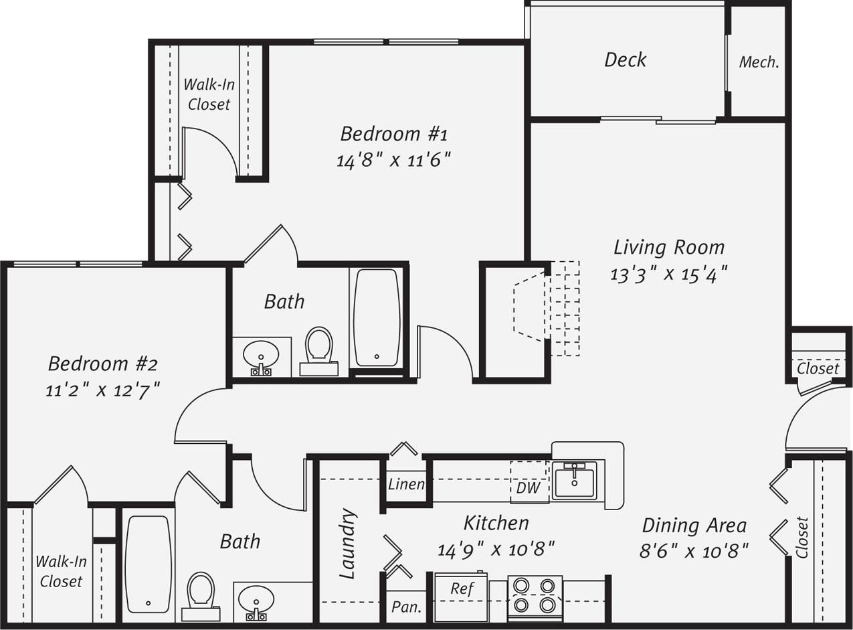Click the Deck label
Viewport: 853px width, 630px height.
click(x=625, y=60)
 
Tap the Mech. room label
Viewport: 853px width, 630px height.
click(x=759, y=62)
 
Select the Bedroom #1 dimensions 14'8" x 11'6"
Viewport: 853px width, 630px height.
click(x=393, y=161)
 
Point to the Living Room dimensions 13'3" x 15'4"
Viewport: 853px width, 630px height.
click(x=668, y=274)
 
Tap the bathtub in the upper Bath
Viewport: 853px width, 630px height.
click(x=377, y=317)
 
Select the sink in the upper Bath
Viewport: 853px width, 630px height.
click(x=261, y=355)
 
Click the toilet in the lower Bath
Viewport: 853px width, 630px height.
click(x=201, y=592)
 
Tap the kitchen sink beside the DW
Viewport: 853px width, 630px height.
click(x=574, y=480)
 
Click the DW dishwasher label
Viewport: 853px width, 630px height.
click(x=528, y=488)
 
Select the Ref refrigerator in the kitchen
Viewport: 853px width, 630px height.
click(x=462, y=589)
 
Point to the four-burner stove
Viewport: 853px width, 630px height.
click(x=535, y=595)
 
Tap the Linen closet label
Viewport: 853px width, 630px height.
click(x=406, y=484)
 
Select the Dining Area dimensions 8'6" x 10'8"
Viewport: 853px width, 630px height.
click(x=693, y=551)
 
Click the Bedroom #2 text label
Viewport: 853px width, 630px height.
click(x=102, y=364)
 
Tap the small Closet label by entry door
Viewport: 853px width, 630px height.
click(x=818, y=368)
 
